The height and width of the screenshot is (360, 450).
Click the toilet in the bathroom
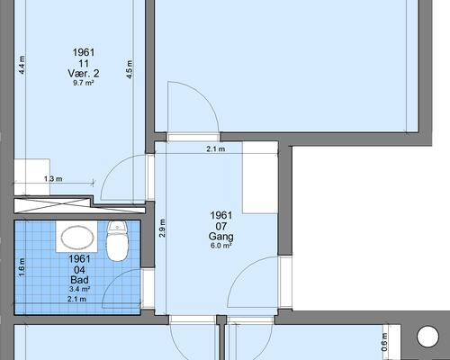coord(118,241)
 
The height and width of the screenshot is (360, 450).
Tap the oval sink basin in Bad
coord(77,238)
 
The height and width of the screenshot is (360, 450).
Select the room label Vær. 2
coord(84,74)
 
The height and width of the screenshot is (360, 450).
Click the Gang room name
coord(221,237)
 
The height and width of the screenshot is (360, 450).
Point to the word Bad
coord(79,280)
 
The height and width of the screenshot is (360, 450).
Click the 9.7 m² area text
coord(84,83)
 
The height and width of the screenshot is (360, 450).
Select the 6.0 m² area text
coord(221,246)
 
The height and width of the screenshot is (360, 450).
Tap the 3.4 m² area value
coord(79,289)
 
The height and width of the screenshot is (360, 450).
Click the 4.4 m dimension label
coord(22,65)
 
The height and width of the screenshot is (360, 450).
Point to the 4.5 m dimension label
coord(130,69)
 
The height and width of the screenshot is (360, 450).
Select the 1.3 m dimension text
coord(53,179)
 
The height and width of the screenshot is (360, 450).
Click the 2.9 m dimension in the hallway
coord(162,228)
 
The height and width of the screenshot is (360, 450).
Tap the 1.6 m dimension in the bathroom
coord(22,267)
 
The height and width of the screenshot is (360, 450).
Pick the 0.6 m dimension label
coord(384,342)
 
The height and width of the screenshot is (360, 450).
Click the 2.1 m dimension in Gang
coord(216,148)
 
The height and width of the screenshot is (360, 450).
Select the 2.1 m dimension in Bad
coord(76,299)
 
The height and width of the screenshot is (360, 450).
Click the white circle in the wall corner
coord(427,336)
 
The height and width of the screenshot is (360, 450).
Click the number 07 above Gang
coord(221,226)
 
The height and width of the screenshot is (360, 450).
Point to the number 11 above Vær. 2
coord(84,64)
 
